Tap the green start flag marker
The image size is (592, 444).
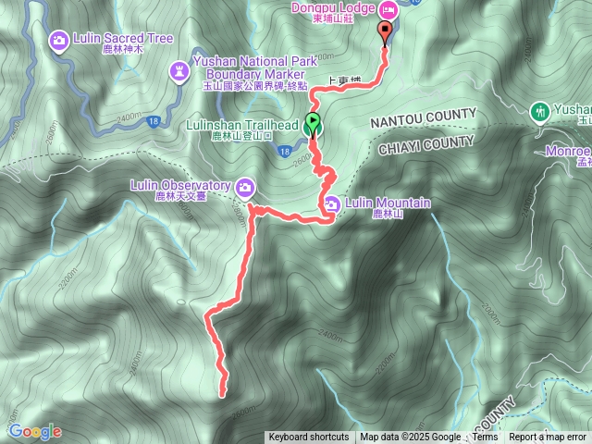314,123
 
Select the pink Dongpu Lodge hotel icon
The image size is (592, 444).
388,9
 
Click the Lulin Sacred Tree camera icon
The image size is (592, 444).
59,40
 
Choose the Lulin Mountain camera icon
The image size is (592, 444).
332,203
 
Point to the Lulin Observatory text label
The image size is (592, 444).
181,185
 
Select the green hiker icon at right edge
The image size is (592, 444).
539,112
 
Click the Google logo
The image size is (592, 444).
34,431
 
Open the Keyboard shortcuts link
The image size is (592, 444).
309,438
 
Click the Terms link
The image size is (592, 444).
485,438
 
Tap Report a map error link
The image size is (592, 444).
547,438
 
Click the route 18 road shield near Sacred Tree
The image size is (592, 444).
152,120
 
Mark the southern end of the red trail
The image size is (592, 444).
223,396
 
